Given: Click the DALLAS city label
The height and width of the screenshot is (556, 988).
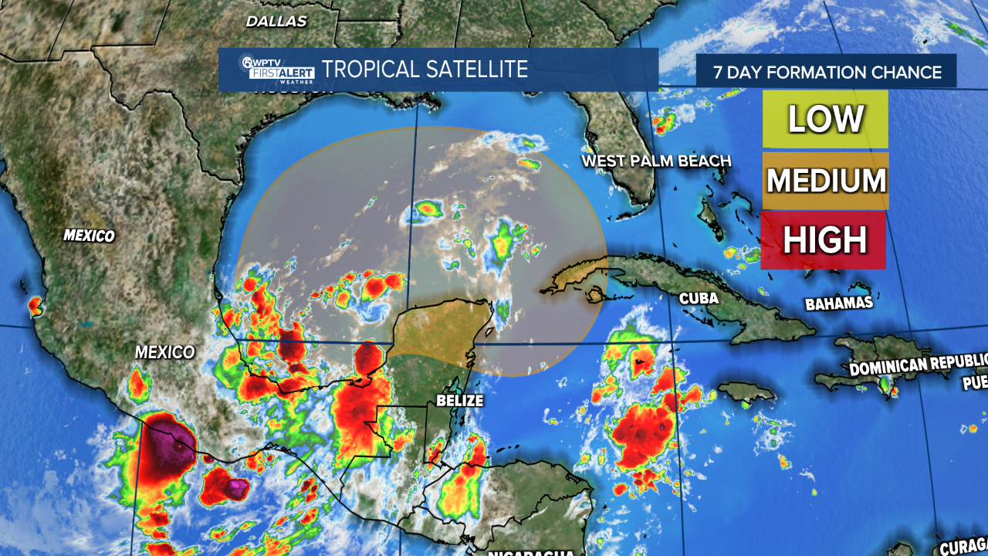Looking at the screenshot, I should click(276, 22).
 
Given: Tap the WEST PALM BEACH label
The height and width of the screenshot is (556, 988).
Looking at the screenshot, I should click(656, 161).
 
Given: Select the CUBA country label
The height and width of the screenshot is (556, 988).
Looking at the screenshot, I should click(699, 298).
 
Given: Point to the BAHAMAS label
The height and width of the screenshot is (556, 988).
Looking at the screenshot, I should click(839, 303).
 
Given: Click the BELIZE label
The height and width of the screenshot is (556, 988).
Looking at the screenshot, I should click(459, 400).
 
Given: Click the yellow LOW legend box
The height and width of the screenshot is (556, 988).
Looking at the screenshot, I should click(825, 119).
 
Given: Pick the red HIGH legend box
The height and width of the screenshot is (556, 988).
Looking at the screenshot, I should click(824, 240).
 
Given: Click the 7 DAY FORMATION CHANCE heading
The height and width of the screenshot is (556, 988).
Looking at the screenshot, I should click(827, 73).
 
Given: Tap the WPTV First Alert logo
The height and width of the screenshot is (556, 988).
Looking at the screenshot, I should click(280, 70).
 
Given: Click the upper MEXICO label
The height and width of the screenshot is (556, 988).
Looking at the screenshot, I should click(89, 236).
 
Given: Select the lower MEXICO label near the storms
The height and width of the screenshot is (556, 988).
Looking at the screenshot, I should click(165, 352).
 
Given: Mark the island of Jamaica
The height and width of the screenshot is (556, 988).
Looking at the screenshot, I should click(746, 392).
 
